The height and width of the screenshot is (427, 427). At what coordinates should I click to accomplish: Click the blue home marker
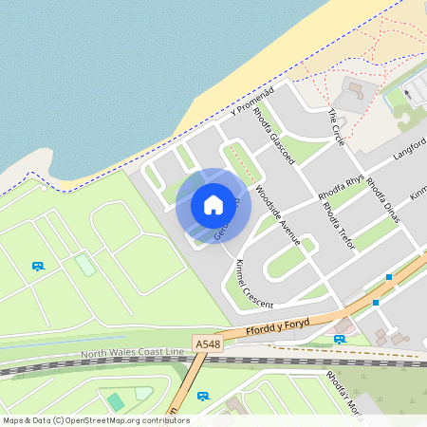click(x=213, y=205)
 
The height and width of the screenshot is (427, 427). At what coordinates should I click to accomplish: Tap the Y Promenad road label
click(x=251, y=101)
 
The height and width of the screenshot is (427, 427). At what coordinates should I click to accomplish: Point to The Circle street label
click(x=337, y=126)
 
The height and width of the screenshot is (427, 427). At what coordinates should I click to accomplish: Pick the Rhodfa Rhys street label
click(x=342, y=181)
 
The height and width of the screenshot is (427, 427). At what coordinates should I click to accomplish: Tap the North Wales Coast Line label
click(x=132, y=354)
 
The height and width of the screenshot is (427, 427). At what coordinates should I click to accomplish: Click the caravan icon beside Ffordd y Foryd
click(x=340, y=339)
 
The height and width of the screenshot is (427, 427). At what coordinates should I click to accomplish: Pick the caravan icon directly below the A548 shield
click(x=202, y=395)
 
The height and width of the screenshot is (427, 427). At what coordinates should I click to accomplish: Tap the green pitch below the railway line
click(x=115, y=401)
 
